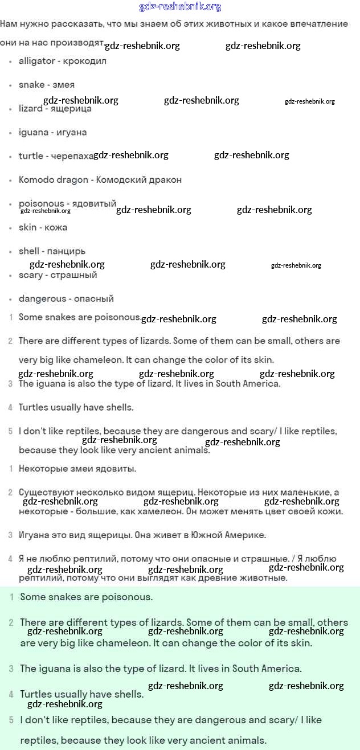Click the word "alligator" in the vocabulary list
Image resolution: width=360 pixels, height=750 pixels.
[x=37, y=61]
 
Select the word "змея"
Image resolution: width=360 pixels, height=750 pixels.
[x=63, y=85]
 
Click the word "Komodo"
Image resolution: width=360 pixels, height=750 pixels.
[x=36, y=180]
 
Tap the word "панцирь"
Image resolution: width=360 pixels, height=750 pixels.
[x=67, y=251]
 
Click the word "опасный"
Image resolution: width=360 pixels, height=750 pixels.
[x=94, y=299]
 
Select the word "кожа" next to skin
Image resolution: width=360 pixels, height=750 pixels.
[x=56, y=228]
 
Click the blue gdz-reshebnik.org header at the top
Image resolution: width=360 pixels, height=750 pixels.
[x=180, y=7]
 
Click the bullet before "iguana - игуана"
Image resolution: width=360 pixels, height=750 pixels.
[x=11, y=133]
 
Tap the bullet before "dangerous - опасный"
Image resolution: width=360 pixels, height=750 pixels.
[x=11, y=299]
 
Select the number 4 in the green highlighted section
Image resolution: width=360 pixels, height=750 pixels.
[x=11, y=695]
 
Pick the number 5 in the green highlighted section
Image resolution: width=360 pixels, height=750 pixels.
[x=11, y=720]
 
